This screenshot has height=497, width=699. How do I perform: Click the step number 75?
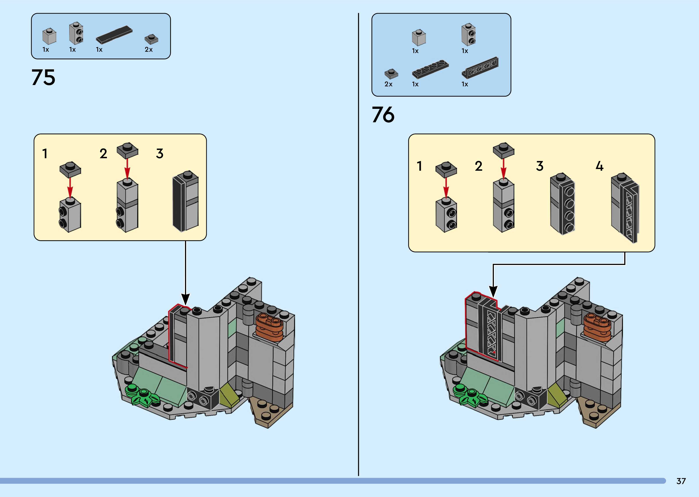(43, 77)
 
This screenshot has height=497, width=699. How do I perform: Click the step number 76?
(383, 115)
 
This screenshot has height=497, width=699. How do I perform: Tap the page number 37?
(681, 481)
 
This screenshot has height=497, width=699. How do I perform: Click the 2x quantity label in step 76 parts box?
(388, 84)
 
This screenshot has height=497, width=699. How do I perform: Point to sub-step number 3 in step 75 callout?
(159, 154)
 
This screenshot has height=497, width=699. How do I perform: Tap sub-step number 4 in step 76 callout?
(599, 166)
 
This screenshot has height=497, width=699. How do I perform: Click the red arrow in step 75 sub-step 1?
(70, 187)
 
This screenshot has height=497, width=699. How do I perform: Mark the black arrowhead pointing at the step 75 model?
(185, 299)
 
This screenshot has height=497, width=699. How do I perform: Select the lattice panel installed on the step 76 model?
(490, 332)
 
